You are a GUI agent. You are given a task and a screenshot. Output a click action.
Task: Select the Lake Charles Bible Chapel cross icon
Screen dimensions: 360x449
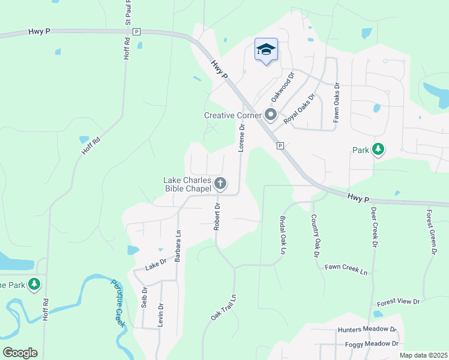click(x=220, y=184)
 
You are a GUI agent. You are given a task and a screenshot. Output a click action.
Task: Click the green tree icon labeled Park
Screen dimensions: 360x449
click(x=378, y=149)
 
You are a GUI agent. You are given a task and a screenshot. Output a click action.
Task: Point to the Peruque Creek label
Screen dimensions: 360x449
click(x=118, y=302)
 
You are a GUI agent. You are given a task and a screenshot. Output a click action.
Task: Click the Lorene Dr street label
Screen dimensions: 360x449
click(x=243, y=138)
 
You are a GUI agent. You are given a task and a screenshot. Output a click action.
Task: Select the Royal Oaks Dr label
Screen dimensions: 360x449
click(x=300, y=109)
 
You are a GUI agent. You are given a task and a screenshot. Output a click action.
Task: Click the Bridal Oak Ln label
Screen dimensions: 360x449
click(x=282, y=236)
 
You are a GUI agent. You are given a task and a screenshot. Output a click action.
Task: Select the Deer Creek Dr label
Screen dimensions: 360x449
click(x=373, y=228)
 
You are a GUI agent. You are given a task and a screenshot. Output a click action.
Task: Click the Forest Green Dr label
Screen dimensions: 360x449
click(x=430, y=232)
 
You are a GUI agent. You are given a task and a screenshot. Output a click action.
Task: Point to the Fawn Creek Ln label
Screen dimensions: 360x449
click(x=346, y=269)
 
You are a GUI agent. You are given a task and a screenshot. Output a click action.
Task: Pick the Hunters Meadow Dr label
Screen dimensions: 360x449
click(x=367, y=330)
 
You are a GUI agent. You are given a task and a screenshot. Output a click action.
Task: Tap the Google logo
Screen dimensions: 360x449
click(x=20, y=352)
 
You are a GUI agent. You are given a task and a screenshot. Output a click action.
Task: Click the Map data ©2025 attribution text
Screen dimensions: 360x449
click(x=423, y=355)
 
